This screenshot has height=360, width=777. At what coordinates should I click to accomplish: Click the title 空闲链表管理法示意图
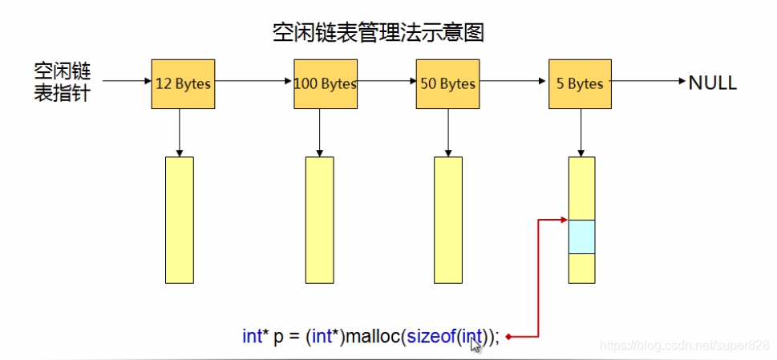(379, 33)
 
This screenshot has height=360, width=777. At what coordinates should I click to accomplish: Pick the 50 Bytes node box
(447, 83)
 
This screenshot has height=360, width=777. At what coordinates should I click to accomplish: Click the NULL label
(712, 83)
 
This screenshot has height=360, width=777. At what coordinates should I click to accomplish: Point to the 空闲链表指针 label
(62, 83)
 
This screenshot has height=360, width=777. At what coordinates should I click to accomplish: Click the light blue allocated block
(581, 237)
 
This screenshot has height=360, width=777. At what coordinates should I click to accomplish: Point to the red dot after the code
(508, 337)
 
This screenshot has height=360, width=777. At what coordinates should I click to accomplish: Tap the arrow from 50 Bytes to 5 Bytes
(512, 81)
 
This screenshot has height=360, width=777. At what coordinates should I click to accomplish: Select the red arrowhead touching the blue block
(563, 220)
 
